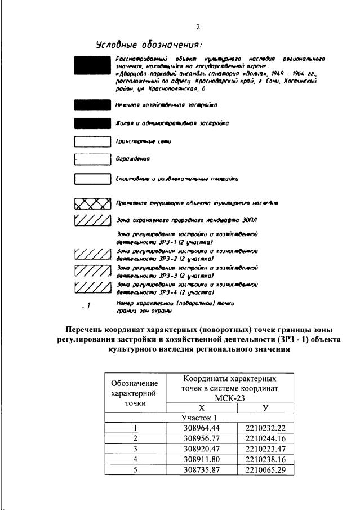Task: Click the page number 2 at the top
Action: coord(198,26)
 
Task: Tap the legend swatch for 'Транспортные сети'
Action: coord(92,142)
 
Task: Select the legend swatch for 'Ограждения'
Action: coord(92,159)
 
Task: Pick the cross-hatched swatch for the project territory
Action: coord(92,203)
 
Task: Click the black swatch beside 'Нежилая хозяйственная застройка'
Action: coord(92,104)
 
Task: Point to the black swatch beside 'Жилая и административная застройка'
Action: coord(92,122)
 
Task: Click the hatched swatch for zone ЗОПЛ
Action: coord(92,219)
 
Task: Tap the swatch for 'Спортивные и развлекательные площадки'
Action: coord(92,180)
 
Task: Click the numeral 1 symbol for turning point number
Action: coord(88,306)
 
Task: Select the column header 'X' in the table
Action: coord(202,407)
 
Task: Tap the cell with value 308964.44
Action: coord(202,428)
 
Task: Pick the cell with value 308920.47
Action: coord(202,448)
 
